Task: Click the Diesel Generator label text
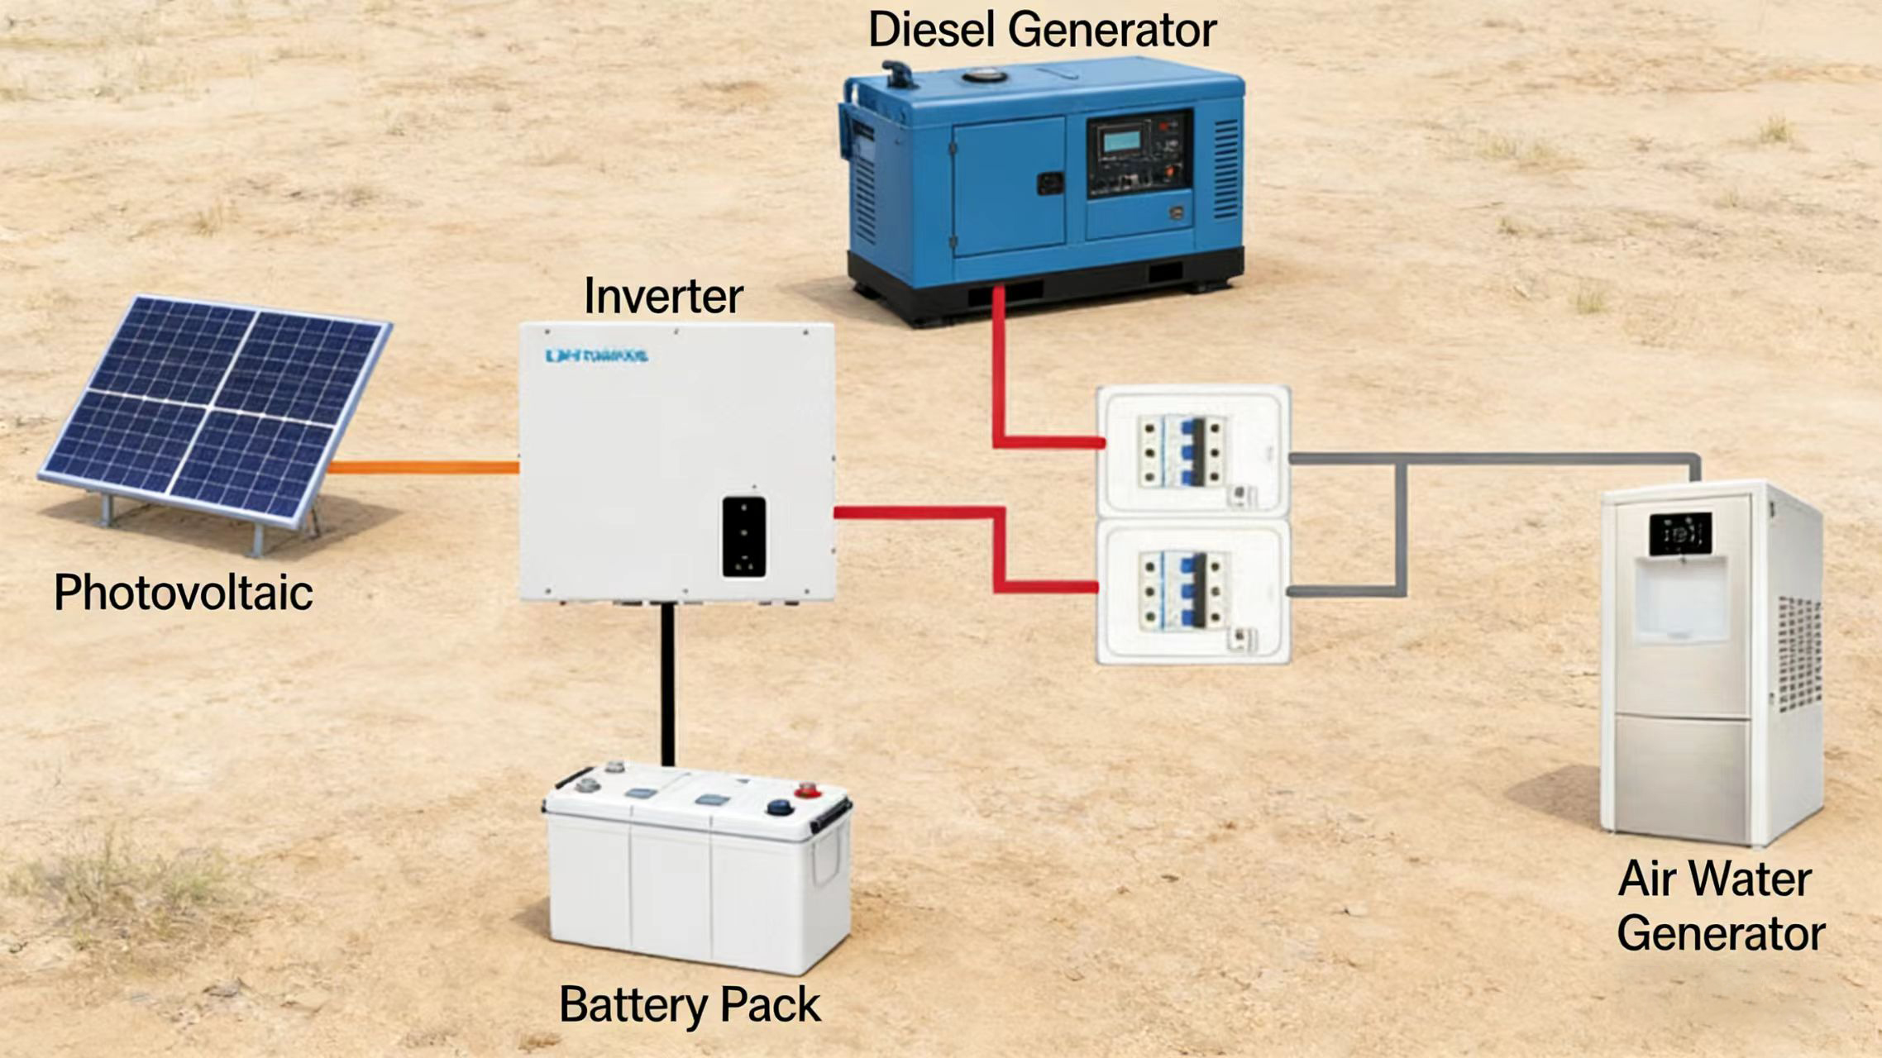click(x=1042, y=30)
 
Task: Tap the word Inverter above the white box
click(x=663, y=296)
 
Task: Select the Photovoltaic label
click(x=184, y=592)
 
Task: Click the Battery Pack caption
click(x=690, y=1005)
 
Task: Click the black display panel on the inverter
click(x=744, y=536)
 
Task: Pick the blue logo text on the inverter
click(x=596, y=356)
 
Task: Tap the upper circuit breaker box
click(x=1192, y=452)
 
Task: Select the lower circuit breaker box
click(x=1192, y=592)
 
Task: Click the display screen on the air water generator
click(x=1681, y=533)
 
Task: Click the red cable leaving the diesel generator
click(x=999, y=364)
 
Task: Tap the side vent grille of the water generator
click(x=1798, y=653)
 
